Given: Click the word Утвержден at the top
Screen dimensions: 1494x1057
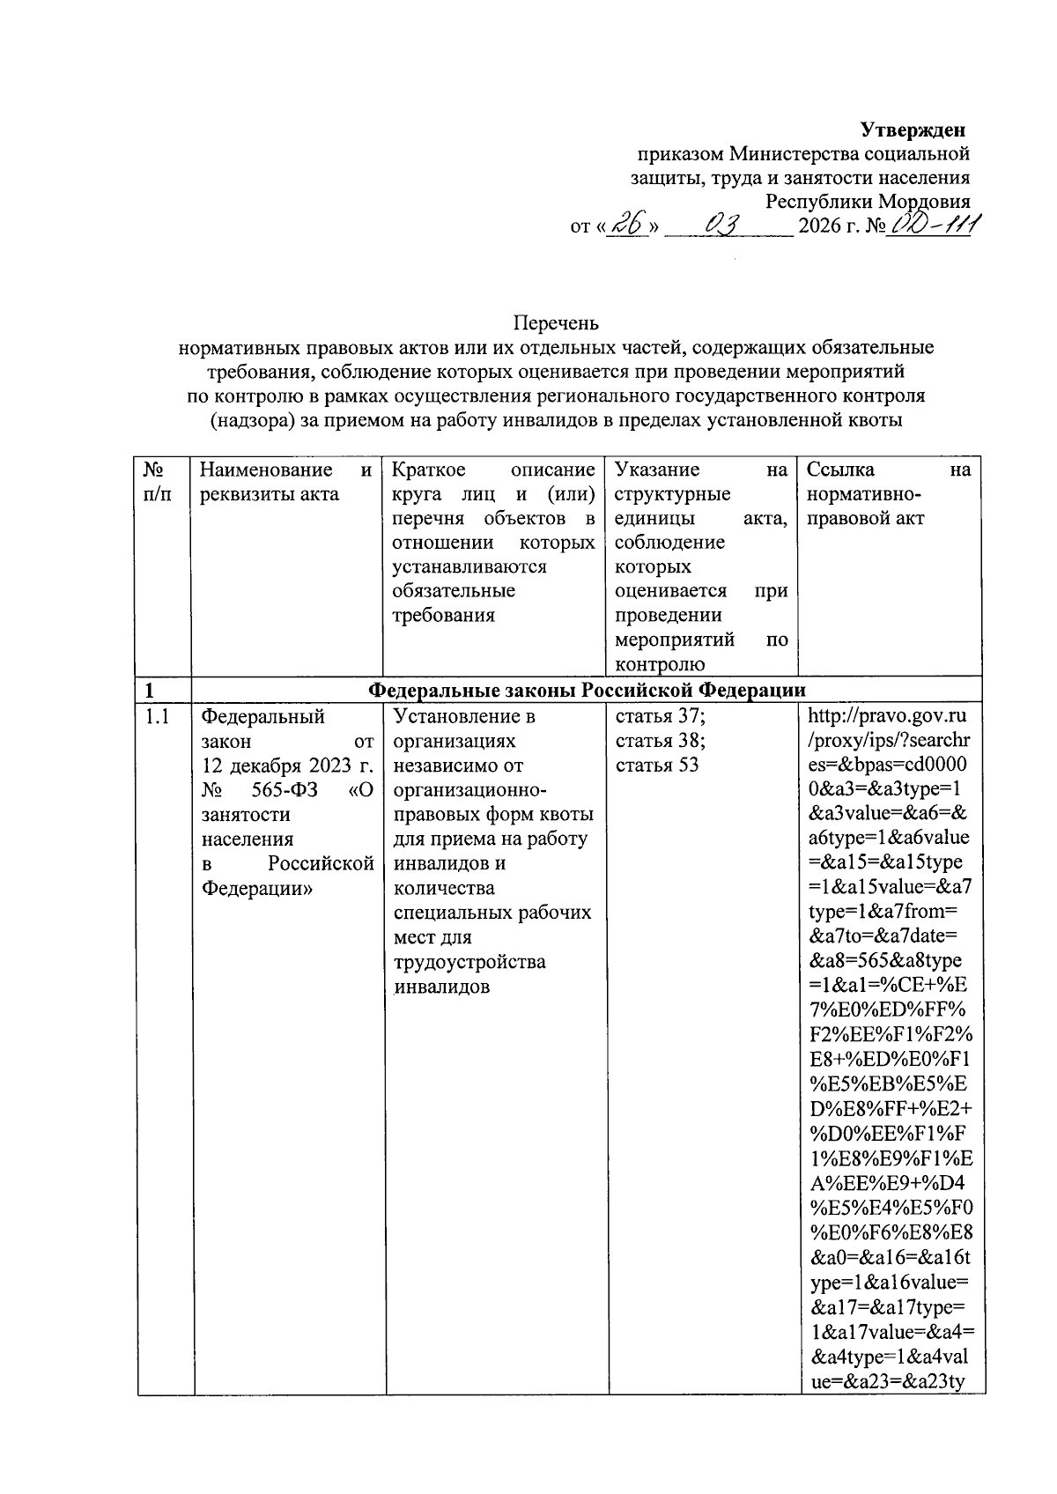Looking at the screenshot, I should coord(913,130).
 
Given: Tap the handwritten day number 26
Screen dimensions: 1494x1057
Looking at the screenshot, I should coord(629,226).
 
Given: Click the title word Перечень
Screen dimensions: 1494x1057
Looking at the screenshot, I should coord(557,323).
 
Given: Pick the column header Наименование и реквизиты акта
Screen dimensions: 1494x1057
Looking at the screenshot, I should coord(286,482).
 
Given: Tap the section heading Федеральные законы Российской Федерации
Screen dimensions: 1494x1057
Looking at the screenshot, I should coord(586,689).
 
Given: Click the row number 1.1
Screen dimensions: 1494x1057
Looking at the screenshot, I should coord(157,717).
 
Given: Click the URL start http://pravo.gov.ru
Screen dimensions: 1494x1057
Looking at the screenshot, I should coord(888,717).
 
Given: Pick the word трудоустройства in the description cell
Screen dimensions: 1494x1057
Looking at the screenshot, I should coord(469,962).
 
